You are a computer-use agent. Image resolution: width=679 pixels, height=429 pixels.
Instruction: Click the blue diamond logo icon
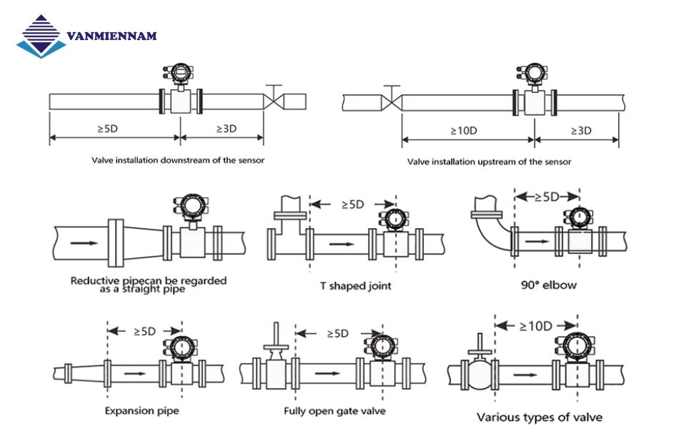(x=41, y=36)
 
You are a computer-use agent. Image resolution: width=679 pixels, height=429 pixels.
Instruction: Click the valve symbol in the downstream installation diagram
(x=274, y=101)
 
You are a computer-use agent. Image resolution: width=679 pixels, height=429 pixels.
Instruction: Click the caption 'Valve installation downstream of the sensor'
(x=178, y=160)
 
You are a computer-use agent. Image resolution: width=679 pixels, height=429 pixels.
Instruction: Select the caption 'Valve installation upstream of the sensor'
(x=489, y=162)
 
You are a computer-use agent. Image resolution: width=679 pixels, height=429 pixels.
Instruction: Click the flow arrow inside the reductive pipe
(x=85, y=242)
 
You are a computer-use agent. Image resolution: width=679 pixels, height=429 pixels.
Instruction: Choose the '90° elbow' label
(x=549, y=285)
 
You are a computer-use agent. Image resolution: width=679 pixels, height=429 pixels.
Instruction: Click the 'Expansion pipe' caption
(x=142, y=411)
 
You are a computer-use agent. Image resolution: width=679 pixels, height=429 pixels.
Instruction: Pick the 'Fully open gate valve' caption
(x=334, y=411)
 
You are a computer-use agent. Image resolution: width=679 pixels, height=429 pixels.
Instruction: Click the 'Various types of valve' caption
(x=539, y=417)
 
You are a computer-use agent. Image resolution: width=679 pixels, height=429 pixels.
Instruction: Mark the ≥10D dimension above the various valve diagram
(x=536, y=326)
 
